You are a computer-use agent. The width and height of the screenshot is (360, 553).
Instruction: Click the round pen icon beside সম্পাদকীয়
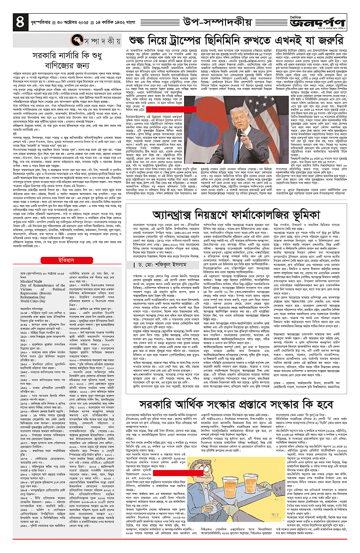click(x=76, y=41)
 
